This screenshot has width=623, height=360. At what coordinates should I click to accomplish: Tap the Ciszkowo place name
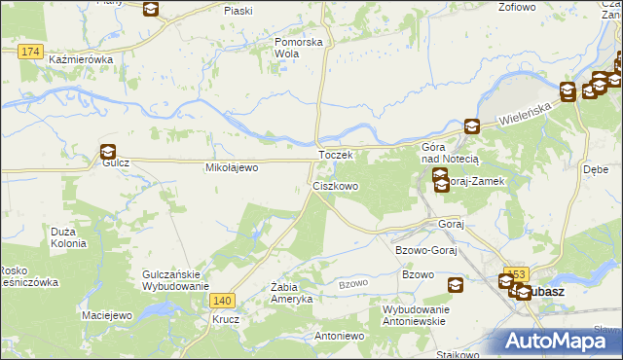[336, 185]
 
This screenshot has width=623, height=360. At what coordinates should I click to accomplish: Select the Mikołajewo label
[230, 168]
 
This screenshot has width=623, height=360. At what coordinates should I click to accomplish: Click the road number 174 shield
[30, 51]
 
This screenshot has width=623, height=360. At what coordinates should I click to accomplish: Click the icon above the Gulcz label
[107, 151]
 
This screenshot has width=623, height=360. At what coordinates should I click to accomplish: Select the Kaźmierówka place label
[81, 59]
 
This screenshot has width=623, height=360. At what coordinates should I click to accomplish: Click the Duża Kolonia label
[68, 237]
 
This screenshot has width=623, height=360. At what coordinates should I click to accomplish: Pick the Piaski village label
[238, 10]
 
